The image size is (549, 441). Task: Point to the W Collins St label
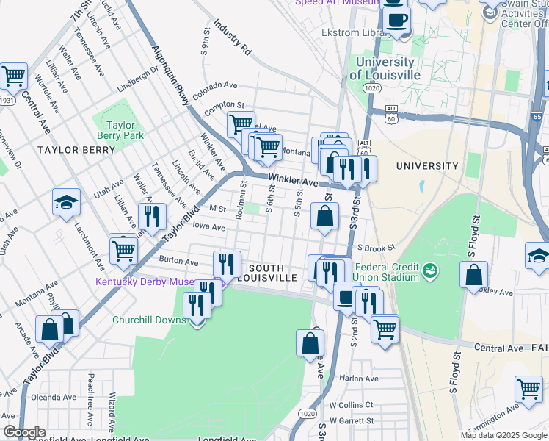click(352, 405)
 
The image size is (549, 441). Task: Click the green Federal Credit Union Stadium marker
click(430, 272)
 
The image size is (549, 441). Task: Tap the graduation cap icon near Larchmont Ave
click(66, 204)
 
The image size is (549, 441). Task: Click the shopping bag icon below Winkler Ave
click(325, 217)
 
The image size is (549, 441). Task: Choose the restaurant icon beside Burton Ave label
click(227, 265)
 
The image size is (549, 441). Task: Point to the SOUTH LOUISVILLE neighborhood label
click(271, 272)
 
